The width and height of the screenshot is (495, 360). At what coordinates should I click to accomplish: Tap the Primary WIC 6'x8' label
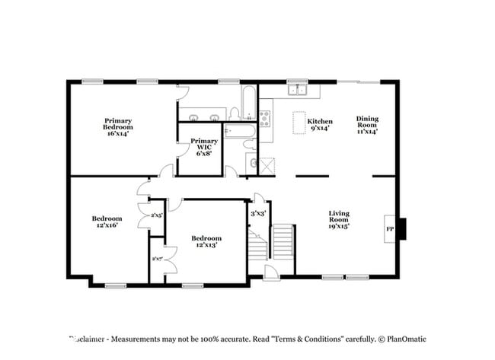pyautogui.click(x=203, y=147)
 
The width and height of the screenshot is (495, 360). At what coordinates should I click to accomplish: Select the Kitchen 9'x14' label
pyautogui.click(x=319, y=126)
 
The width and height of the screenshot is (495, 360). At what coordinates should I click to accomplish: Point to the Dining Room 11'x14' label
pyautogui.click(x=367, y=124)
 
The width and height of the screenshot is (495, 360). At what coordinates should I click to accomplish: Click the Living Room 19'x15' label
pyautogui.click(x=339, y=219)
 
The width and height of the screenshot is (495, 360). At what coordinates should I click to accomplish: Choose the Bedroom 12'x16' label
pyautogui.click(x=106, y=221)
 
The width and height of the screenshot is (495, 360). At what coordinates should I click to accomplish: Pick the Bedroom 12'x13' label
pyautogui.click(x=206, y=242)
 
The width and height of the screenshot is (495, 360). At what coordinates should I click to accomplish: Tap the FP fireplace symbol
pyautogui.click(x=390, y=229)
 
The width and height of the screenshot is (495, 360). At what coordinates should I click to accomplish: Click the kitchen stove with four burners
pyautogui.click(x=265, y=117)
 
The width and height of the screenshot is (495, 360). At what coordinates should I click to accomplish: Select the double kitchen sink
pyautogui.click(x=296, y=91)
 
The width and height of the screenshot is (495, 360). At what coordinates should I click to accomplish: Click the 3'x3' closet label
pyautogui.click(x=257, y=214)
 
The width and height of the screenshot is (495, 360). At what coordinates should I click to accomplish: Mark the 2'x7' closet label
pyautogui.click(x=157, y=259)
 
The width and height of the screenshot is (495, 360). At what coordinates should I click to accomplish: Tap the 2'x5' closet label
pyautogui.click(x=156, y=215)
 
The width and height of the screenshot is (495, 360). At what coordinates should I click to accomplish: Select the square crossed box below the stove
pyautogui.click(x=266, y=165)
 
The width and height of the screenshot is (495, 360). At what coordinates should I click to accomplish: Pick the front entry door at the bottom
pyautogui.click(x=269, y=272)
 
